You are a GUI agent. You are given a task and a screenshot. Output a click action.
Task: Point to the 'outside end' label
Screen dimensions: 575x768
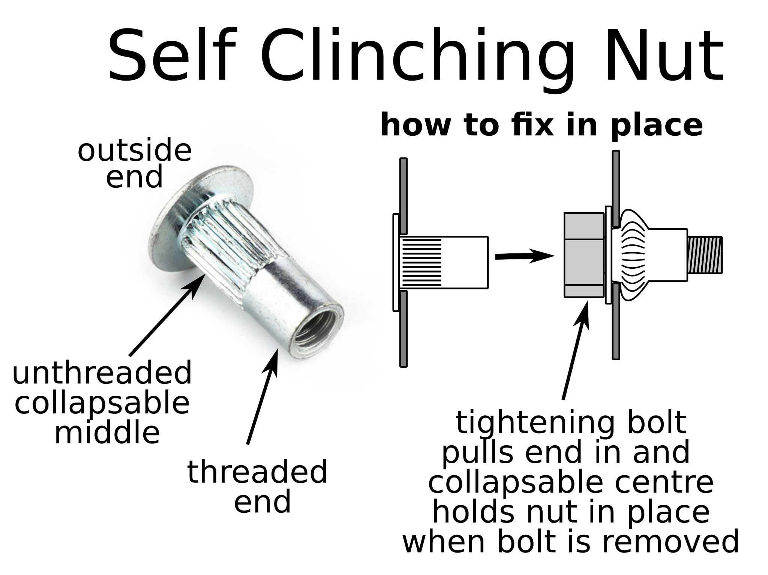pyautogui.click(x=134, y=163)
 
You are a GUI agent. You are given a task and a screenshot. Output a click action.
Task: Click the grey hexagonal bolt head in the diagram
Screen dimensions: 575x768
pyautogui.click(x=583, y=255)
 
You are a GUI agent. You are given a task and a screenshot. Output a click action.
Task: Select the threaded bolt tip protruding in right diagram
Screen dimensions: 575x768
pyautogui.click(x=705, y=255)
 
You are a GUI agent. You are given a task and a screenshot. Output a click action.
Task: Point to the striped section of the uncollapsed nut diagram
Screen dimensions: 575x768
pyautogui.click(x=421, y=262)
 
